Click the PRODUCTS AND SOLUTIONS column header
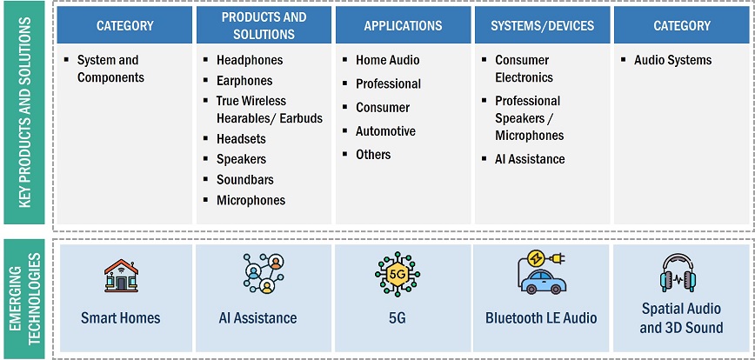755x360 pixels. [x=264, y=25]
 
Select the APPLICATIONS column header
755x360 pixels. [x=403, y=25]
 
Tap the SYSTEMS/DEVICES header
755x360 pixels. [x=542, y=25]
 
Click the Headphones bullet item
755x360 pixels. [x=250, y=60]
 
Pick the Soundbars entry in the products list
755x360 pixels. [x=244, y=179]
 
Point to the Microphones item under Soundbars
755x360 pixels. [x=251, y=200]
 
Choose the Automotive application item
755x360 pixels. [x=385, y=131]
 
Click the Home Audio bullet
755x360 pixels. [x=388, y=60]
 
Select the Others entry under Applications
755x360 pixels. [x=373, y=155]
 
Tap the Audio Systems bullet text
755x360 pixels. [x=672, y=60]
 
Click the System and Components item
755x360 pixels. [x=110, y=69]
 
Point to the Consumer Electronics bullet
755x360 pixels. [x=524, y=69]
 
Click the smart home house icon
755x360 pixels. [x=122, y=276]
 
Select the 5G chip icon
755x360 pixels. [x=398, y=274]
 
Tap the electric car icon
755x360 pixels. [x=542, y=272]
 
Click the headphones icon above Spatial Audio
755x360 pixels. [x=678, y=273]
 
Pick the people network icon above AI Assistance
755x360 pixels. [x=264, y=273]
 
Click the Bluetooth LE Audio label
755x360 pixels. [x=541, y=318]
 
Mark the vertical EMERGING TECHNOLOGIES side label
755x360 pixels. [x=26, y=299]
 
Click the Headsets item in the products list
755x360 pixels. [x=241, y=139]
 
